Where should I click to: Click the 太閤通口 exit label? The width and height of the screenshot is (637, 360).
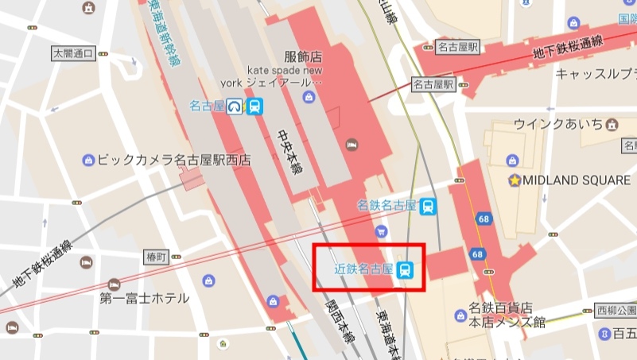tap(73, 53)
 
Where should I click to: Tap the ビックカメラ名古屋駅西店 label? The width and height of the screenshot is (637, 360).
tap(173, 160)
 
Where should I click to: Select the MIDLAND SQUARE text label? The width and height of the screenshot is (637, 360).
tap(576, 180)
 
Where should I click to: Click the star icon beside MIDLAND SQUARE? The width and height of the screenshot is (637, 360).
tap(515, 180)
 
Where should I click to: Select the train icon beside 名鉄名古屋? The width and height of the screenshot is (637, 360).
tap(428, 207)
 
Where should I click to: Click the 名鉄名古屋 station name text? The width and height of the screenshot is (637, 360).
tap(386, 206)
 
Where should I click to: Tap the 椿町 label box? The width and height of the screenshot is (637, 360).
tap(157, 257)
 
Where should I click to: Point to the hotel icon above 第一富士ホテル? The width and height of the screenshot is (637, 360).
tap(114, 284)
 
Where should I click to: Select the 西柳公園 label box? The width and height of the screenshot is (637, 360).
tap(616, 310)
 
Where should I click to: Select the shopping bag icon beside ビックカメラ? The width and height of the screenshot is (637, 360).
tap(88, 160)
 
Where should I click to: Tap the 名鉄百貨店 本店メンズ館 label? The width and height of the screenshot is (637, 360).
tap(506, 314)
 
